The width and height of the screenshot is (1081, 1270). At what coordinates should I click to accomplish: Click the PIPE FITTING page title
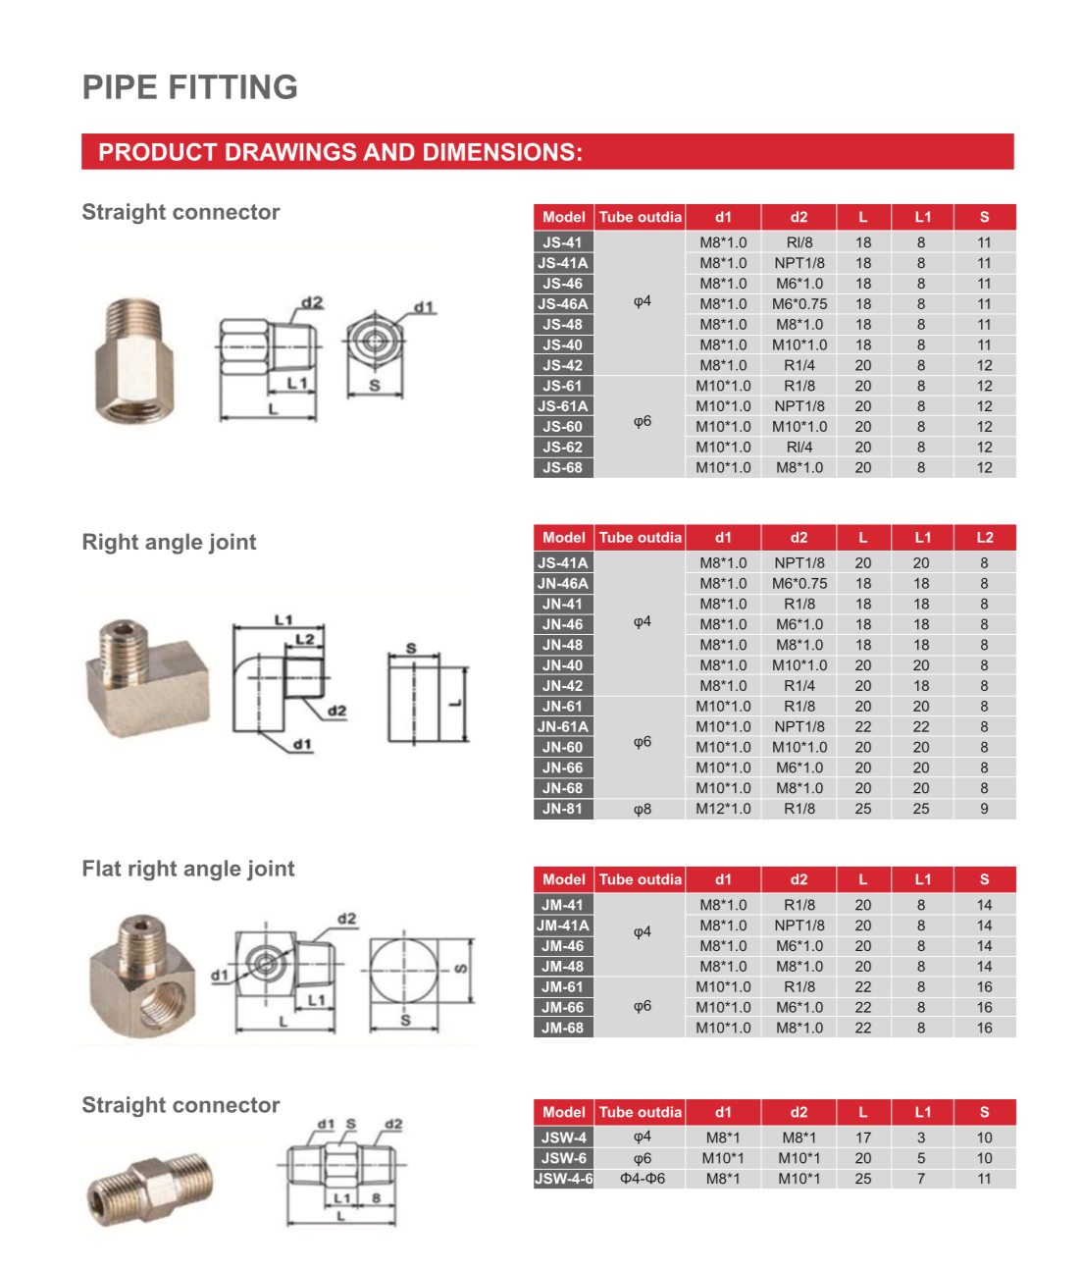(x=189, y=87)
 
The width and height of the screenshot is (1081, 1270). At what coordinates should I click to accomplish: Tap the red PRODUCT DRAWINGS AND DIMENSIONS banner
(x=546, y=152)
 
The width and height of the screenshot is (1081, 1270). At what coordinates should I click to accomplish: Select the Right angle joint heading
(x=169, y=542)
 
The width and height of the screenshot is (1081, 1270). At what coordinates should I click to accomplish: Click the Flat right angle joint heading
(x=187, y=869)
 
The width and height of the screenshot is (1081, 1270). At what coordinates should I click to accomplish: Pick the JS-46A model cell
(x=563, y=304)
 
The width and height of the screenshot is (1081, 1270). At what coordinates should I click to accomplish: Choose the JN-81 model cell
(x=563, y=810)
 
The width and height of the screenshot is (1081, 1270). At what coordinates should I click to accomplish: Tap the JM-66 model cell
(x=563, y=1008)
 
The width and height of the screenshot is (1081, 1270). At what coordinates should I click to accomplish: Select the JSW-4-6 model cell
(x=564, y=1179)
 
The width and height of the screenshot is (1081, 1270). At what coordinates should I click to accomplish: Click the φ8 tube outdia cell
(x=642, y=810)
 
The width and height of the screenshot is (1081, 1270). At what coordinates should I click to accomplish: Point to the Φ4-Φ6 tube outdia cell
(x=642, y=1179)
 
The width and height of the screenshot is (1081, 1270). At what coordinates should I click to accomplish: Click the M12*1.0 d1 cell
(x=723, y=810)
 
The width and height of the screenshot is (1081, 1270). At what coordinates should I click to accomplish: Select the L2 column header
(x=984, y=538)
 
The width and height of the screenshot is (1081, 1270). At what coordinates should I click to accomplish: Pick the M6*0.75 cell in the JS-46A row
(x=798, y=304)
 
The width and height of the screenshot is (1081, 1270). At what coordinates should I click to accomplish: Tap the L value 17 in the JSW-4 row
(x=862, y=1138)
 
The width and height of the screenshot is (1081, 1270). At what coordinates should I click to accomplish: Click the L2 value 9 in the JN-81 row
(x=984, y=810)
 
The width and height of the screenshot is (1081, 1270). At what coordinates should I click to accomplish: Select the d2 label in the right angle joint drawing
(x=336, y=711)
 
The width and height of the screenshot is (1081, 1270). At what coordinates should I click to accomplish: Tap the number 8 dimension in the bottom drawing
(x=376, y=1197)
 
